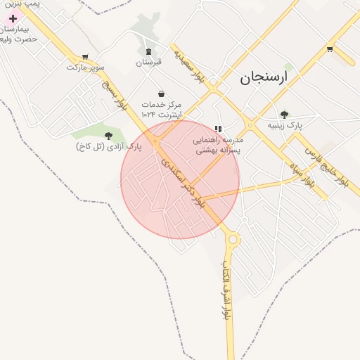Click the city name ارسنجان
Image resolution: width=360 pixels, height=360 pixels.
(264, 77)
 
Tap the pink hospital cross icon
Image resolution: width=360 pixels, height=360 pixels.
(13, 18)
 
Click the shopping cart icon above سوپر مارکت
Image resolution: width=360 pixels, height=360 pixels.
(85, 57)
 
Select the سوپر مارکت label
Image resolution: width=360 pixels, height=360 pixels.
(85, 67)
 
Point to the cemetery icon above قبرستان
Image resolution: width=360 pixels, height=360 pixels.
(148, 51)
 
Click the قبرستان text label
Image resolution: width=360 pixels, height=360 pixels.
(148, 62)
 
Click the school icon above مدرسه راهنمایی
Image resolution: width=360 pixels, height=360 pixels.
(218, 129)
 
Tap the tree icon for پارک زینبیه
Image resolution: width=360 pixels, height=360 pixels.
(284, 115)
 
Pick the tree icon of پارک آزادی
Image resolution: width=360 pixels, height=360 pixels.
(108, 136)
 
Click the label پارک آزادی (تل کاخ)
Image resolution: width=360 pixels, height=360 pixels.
(108, 146)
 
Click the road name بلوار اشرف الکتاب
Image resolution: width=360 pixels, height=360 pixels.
(226, 295)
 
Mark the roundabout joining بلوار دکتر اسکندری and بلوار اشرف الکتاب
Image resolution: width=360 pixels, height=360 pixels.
(233, 240)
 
